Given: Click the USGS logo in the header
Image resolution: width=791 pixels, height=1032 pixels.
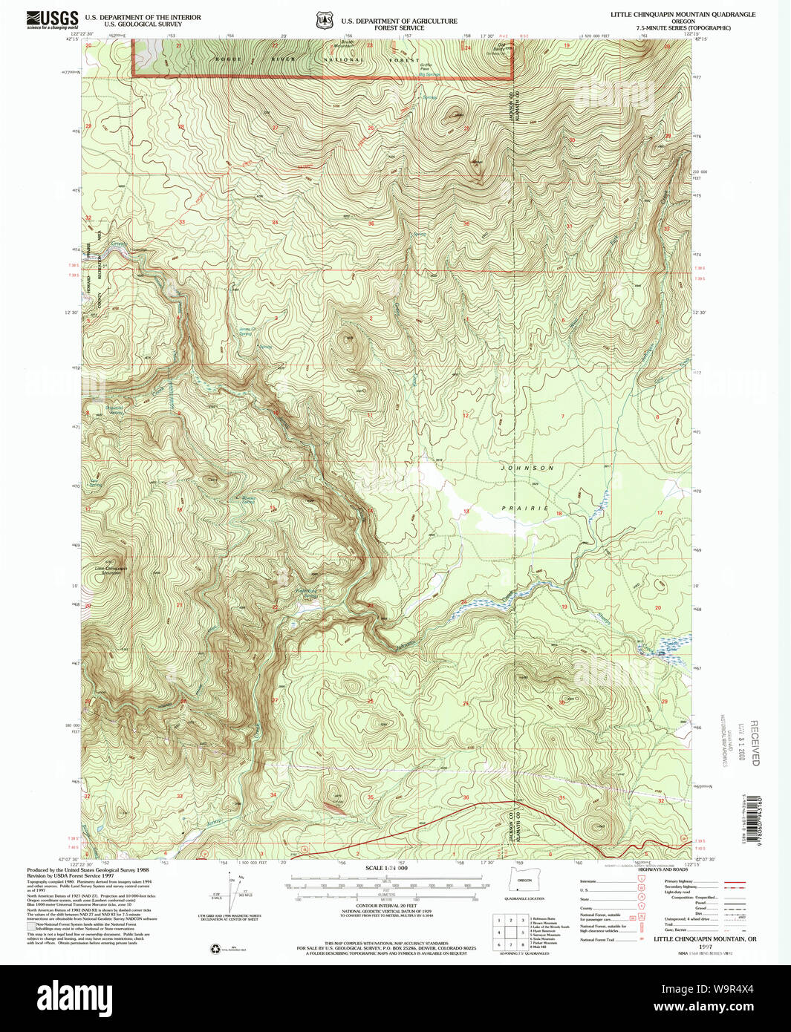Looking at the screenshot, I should click(x=52, y=19).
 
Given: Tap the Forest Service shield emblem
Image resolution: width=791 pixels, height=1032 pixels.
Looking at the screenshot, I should click(x=324, y=22).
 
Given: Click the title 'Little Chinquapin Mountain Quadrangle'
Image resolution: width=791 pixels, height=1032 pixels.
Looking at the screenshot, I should click(x=683, y=14).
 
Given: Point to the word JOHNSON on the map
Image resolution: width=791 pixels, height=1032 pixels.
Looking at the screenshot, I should click(x=527, y=468).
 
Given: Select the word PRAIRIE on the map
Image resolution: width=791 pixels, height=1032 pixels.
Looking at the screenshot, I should click(x=524, y=509).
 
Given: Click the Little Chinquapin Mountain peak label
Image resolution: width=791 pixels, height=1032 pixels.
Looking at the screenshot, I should click(x=111, y=571).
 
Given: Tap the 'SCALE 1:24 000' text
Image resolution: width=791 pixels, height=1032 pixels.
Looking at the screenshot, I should click(x=386, y=868).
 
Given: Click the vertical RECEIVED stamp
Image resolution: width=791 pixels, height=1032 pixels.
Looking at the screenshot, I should click(x=755, y=742).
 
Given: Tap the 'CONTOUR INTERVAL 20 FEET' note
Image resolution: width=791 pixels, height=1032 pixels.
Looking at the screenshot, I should click(x=385, y=906).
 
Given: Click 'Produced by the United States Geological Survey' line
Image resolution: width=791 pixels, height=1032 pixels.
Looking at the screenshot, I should click(x=88, y=870).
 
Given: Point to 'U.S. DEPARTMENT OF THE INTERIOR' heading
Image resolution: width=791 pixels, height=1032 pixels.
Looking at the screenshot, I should click(x=143, y=17).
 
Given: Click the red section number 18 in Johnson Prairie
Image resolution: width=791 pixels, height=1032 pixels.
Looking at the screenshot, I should click(x=559, y=514).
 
